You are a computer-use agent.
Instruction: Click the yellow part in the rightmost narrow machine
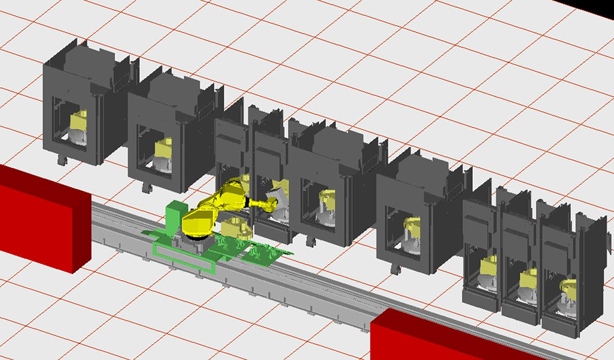pos(569,289)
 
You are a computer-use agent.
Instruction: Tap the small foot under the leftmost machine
pos(61,160)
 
